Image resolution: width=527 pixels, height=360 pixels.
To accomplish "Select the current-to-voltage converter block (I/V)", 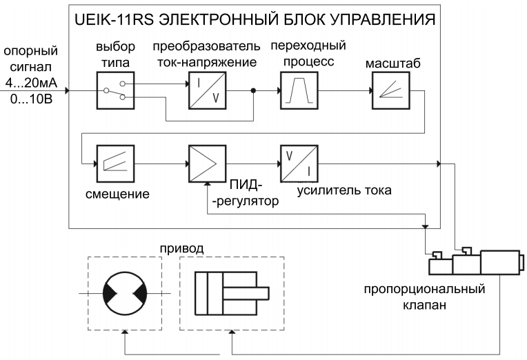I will [x=206, y=90].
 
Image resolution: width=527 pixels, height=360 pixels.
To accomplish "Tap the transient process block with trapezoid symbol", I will [x=298, y=90].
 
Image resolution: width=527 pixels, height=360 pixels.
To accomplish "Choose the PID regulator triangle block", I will [x=206, y=163].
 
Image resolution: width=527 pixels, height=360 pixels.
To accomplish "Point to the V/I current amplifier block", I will [x=298, y=163].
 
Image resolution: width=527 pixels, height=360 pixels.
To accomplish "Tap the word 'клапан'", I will [x=424, y=303].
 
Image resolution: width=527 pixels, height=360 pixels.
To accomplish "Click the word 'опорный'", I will [x=30, y=51].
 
